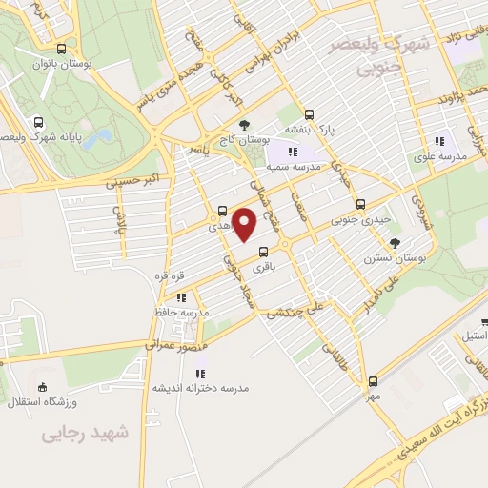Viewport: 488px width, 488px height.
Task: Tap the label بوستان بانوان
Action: pyautogui.click(x=87, y=64)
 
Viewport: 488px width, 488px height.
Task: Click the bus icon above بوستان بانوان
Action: pyautogui.click(x=62, y=49)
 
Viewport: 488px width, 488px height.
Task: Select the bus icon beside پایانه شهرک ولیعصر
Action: pyautogui.click(x=37, y=122)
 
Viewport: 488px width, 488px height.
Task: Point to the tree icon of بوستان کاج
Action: pyautogui.click(x=245, y=125)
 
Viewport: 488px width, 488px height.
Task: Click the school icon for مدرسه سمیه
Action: pyautogui.click(x=294, y=151)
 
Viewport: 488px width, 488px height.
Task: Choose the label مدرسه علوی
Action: pyautogui.click(x=438, y=155)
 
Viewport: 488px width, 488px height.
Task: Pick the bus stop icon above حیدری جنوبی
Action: pyautogui.click(x=360, y=203)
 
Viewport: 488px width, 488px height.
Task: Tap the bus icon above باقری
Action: pyautogui.click(x=263, y=253)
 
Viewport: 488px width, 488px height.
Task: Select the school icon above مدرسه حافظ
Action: pyautogui.click(x=181, y=296)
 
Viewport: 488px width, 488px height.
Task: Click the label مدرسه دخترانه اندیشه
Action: pyautogui.click(x=200, y=388)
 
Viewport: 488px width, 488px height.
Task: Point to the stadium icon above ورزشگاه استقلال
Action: pyautogui.click(x=42, y=387)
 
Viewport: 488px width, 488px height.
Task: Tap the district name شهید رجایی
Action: pyautogui.click(x=84, y=434)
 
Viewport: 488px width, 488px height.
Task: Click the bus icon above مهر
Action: pyautogui.click(x=372, y=380)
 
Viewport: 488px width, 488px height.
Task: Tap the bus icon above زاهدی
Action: pyautogui.click(x=222, y=212)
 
